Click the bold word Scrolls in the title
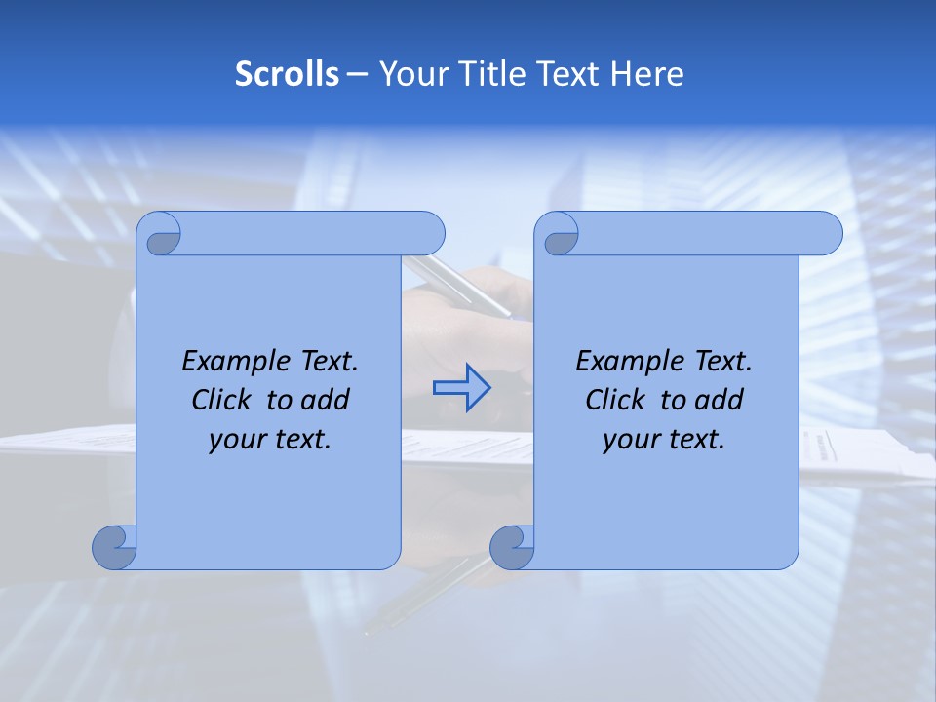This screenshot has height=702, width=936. point(287,74)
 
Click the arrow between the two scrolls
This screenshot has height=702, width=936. point(461,387)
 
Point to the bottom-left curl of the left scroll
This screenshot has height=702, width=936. point(114,547)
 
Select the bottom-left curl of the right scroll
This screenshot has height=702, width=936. point(512,547)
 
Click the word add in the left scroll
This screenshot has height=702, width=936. point(326,400)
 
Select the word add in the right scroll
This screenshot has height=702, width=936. point(720,400)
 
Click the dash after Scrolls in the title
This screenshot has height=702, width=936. point(357,74)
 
